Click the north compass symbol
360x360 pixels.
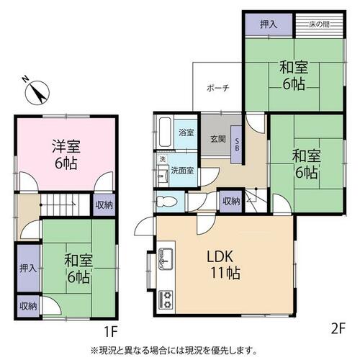(37, 92)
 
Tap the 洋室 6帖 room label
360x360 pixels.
(66, 155)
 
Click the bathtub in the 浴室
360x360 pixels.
(165, 132)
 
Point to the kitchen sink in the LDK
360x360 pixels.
(166, 259)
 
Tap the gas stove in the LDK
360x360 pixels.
(166, 300)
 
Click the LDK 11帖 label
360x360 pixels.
(224, 265)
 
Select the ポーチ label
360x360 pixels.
(218, 89)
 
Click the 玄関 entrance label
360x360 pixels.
(218, 139)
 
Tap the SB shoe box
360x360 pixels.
(237, 145)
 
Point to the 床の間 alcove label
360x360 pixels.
(319, 24)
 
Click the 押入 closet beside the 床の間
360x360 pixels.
(269, 24)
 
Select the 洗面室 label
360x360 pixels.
(182, 171)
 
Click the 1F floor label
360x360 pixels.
(110, 332)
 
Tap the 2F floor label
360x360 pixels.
(338, 329)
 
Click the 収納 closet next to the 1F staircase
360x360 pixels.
(104, 204)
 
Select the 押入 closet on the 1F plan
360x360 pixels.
(28, 268)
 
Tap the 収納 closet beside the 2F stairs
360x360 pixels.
(231, 201)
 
